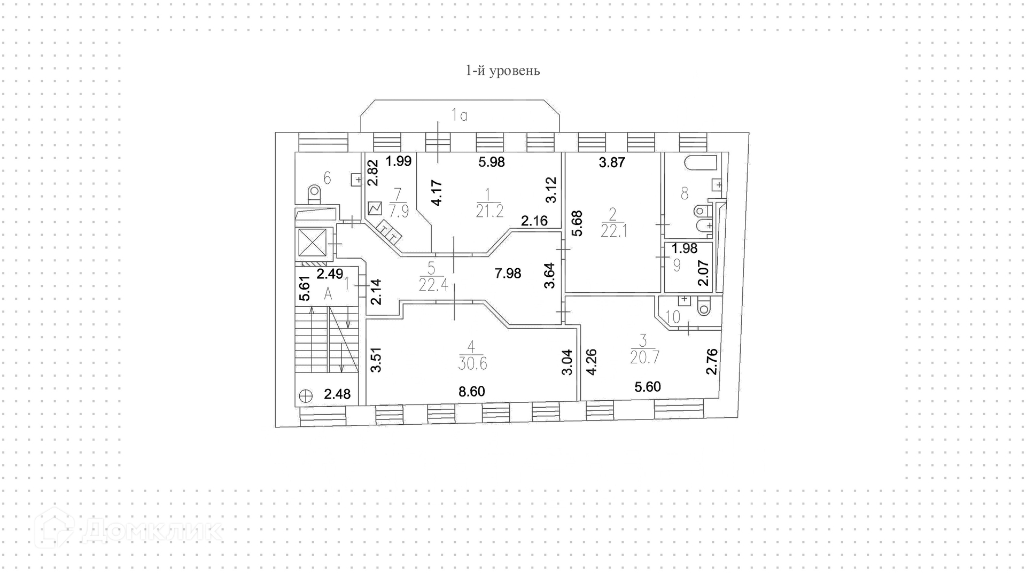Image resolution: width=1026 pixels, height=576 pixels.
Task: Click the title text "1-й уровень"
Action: click(x=502, y=71)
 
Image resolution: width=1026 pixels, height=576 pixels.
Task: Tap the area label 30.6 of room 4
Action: click(x=472, y=364)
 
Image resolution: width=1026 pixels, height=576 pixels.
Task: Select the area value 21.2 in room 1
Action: click(x=489, y=212)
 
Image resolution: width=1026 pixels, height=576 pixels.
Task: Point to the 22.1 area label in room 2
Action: click(x=613, y=231)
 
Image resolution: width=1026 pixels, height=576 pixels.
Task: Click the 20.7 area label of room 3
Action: click(x=644, y=357)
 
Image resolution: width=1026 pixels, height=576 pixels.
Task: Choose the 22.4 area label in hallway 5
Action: click(x=433, y=285)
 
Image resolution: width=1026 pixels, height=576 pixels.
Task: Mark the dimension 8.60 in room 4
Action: click(x=472, y=392)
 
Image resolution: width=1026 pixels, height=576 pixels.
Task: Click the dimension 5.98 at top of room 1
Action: click(x=492, y=162)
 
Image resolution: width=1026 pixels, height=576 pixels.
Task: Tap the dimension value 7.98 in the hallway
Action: click(x=508, y=274)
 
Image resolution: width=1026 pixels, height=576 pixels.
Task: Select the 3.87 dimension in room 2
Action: click(x=612, y=162)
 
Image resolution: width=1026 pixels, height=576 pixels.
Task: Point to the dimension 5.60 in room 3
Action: click(x=648, y=386)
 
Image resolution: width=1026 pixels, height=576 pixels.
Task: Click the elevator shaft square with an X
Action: click(x=312, y=242)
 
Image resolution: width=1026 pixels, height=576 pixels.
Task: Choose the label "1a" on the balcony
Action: click(x=459, y=115)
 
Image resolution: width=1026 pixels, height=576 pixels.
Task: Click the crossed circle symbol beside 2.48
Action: click(x=306, y=395)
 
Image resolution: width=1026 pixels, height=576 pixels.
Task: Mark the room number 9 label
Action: click(x=677, y=265)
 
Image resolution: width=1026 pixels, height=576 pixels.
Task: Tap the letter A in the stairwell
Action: click(x=328, y=293)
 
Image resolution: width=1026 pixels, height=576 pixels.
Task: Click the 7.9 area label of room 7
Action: click(x=399, y=212)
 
